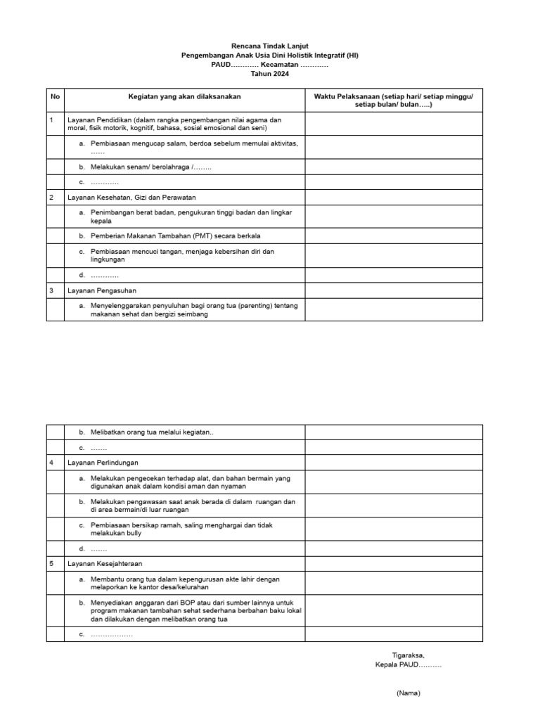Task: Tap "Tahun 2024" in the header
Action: point(270,74)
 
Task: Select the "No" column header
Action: point(55,96)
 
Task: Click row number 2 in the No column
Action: point(52,198)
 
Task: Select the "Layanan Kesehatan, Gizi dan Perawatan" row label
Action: point(131,198)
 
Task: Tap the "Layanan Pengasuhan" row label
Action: point(101,290)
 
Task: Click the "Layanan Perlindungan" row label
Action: point(103,463)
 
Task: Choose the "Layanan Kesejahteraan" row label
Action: point(105,563)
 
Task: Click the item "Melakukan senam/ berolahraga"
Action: point(150,167)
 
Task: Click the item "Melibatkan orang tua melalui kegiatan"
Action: point(150,432)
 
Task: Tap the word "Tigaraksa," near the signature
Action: point(408,655)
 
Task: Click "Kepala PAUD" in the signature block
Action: point(408,664)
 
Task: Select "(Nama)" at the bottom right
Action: point(408,693)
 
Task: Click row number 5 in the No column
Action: point(52,563)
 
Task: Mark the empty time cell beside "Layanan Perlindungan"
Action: point(393,463)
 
